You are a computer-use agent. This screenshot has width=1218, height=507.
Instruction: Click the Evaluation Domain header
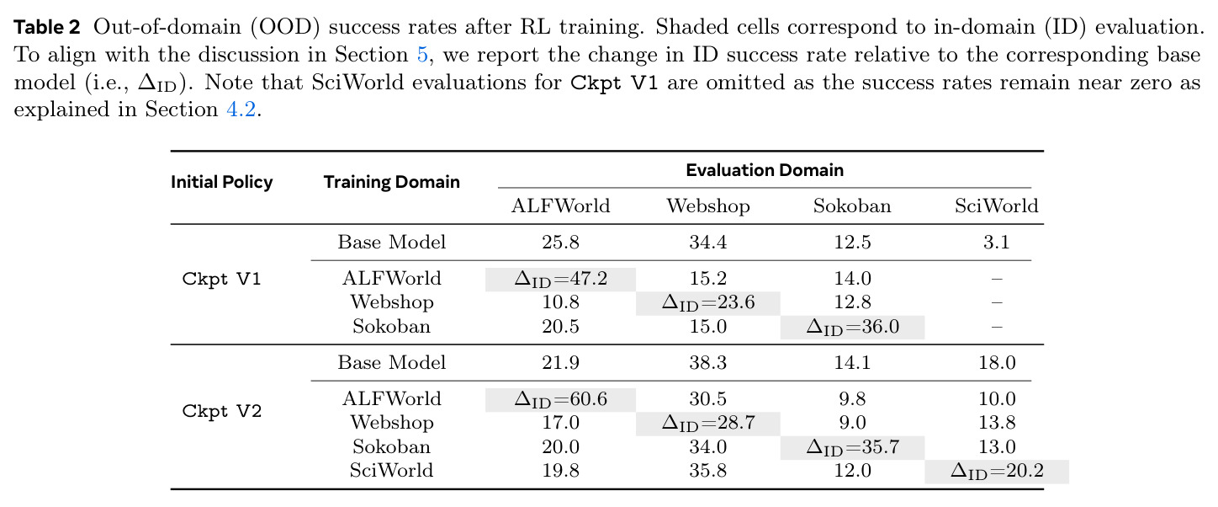pos(765,170)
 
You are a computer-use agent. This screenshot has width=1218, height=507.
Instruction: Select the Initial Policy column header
pos(222,182)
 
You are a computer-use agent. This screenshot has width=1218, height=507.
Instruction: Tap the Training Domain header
pos(391,182)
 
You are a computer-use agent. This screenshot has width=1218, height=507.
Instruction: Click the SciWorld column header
pos(996,205)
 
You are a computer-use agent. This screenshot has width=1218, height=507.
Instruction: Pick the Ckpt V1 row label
pos(221,279)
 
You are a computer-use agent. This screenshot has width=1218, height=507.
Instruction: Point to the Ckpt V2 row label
pos(221,411)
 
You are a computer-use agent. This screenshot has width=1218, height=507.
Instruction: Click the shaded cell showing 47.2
pos(560,280)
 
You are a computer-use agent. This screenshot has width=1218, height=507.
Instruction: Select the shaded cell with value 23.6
pos(708,303)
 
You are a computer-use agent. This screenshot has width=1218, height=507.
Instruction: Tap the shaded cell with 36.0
pos(853,328)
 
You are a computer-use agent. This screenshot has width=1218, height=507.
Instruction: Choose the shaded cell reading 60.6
pos(560,400)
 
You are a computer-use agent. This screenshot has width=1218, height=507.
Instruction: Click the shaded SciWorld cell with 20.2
pos(997,472)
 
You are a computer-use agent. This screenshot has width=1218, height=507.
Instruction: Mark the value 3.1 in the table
pos(996,242)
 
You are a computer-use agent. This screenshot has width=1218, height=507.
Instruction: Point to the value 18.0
pos(997,363)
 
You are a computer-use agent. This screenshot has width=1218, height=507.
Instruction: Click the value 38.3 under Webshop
pos(708,363)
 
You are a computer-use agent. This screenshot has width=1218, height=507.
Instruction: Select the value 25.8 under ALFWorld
pos(560,242)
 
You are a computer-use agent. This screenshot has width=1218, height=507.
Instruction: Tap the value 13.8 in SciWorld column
pos(997,423)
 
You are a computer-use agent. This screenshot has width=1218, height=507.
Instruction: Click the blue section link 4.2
pos(241,109)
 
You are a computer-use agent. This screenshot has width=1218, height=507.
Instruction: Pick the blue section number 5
pos(422,55)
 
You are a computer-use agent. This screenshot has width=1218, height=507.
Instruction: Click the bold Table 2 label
pos(47,27)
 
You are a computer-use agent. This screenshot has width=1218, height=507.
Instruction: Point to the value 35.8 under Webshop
pos(708,471)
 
